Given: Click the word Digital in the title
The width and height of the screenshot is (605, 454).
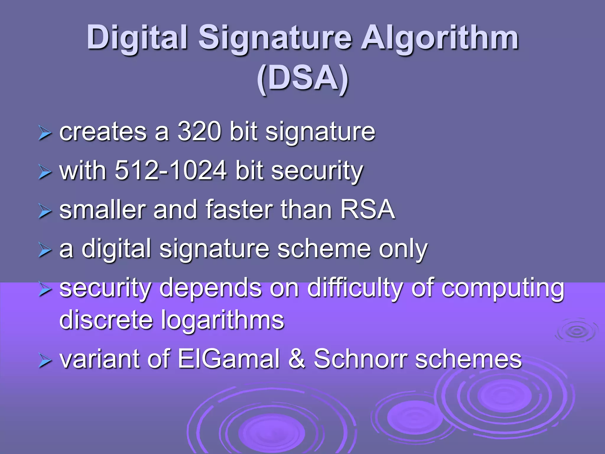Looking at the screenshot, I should pos(137,38).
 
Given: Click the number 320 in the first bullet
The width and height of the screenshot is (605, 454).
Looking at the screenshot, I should pos(199,131).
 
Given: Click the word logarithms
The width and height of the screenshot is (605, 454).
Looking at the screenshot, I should pos(222,320).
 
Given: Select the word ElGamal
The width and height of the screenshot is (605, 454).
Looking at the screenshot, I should pos(229,359).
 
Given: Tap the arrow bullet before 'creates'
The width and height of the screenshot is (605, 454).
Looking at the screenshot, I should pos(45,134).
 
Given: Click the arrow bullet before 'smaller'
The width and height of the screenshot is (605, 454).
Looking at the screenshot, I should pos(45,212).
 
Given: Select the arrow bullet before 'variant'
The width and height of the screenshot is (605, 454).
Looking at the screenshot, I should pos(45,361).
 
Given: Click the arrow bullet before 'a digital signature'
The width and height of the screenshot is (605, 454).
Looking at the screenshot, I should pos(45,251).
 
